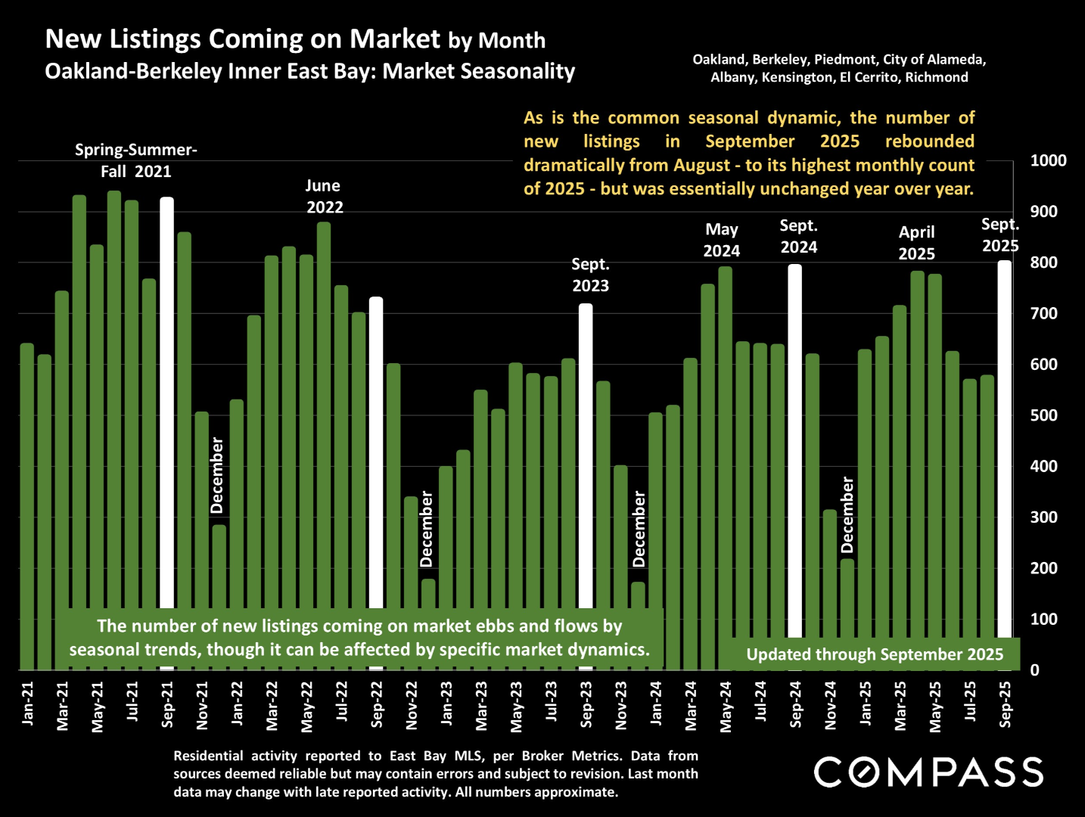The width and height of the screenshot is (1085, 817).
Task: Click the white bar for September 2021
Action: pos(167,401)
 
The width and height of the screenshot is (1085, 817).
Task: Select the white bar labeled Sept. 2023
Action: pos(586,454)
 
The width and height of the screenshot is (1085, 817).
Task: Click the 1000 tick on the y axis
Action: pos(1048,160)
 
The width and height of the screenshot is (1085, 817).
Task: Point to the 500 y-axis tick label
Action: pos(1044,415)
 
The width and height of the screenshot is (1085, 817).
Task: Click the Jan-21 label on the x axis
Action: pos(28,704)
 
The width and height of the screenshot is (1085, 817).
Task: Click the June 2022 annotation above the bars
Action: pos(324,197)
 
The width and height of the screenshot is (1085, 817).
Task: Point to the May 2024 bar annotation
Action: pos(722,241)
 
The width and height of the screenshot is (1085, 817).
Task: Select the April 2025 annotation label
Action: pos(916,243)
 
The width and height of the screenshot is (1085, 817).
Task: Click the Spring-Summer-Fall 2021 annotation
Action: pos(136,160)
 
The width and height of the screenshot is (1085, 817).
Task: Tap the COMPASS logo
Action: pos(928,772)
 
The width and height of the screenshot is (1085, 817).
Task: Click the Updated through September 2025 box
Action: pos(875,654)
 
